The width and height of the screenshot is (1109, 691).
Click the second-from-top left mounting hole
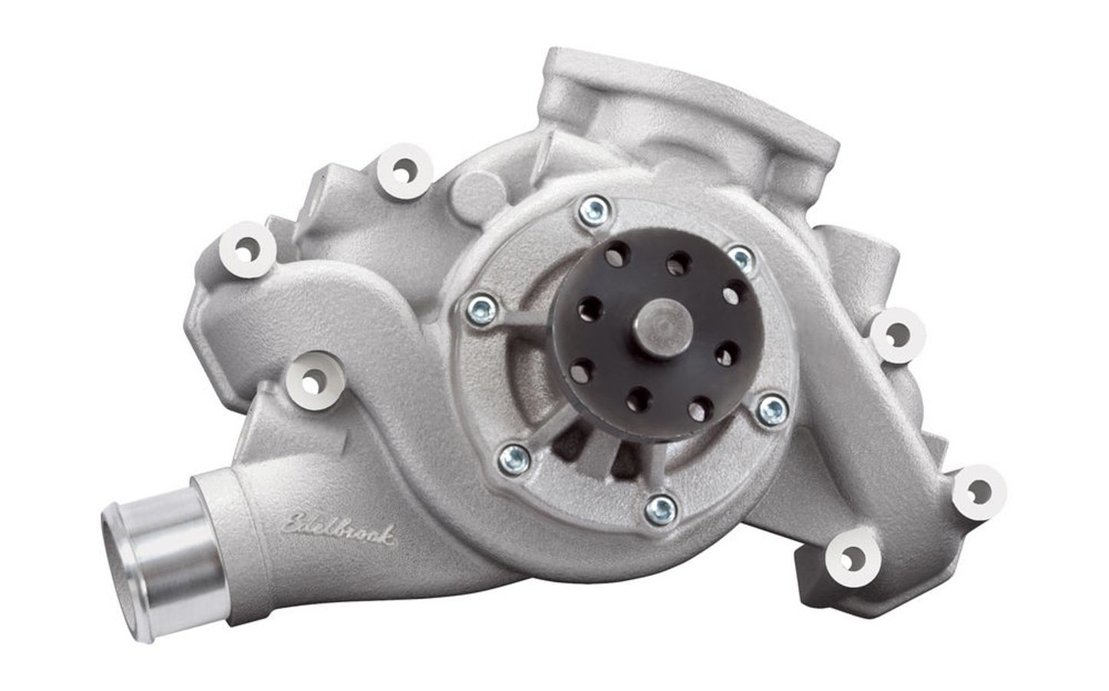[x=248, y=248]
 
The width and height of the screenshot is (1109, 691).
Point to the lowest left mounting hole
[x=312, y=379]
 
